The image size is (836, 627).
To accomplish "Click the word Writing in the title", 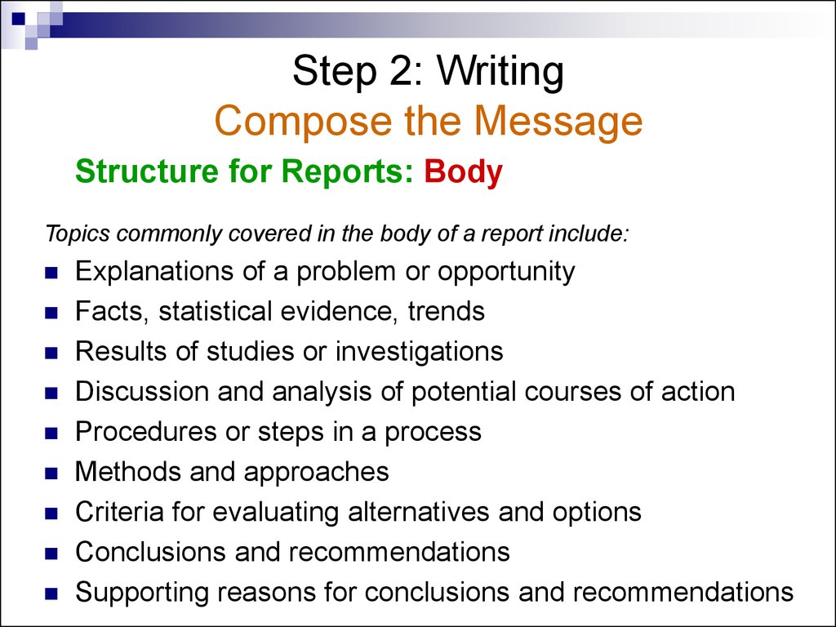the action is (x=500, y=72).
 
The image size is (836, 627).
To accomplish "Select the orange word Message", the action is (x=558, y=122).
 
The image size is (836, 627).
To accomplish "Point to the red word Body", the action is (x=464, y=172).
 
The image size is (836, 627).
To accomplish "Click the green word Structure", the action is (x=147, y=171).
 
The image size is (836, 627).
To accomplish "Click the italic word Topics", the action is (x=78, y=234).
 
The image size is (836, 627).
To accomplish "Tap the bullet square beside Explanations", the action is (x=51, y=273).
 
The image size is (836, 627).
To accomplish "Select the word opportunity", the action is (x=506, y=273).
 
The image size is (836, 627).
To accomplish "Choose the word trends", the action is (x=447, y=311).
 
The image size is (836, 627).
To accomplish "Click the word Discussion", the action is (x=142, y=391).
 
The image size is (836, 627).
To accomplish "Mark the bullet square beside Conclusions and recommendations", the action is (x=51, y=554).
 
